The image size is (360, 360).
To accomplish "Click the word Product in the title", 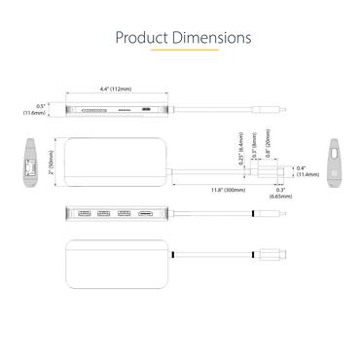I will coord(141,38).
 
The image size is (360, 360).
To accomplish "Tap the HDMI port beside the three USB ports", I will coord(147,212).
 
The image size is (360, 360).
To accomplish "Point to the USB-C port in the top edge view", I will coord(147,111).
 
